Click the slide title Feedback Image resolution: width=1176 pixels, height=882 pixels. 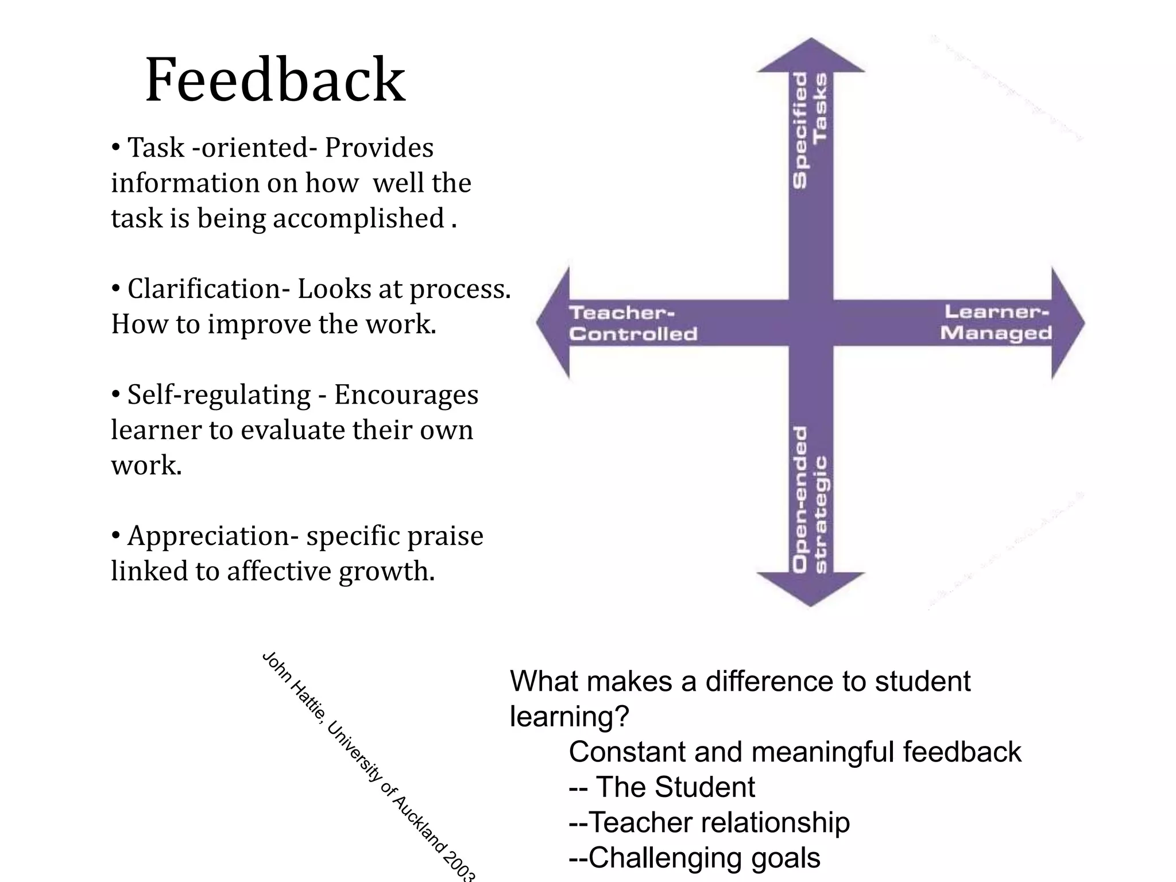pyautogui.click(x=275, y=80)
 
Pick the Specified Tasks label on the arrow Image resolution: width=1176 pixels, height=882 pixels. pyautogui.click(x=810, y=130)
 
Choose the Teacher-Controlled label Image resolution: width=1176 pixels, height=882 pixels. pyautogui.click(x=633, y=323)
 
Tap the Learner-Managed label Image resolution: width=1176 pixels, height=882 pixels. pyautogui.click(x=996, y=322)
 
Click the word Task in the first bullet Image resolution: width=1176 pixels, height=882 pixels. pyautogui.click(x=156, y=148)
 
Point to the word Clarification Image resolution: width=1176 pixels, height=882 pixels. pyautogui.click(x=204, y=289)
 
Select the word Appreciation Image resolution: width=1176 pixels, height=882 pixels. pyautogui.click(x=208, y=536)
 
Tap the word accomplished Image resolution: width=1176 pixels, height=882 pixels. pyautogui.click(x=358, y=219)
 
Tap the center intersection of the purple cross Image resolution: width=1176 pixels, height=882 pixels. pyautogui.click(x=810, y=323)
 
